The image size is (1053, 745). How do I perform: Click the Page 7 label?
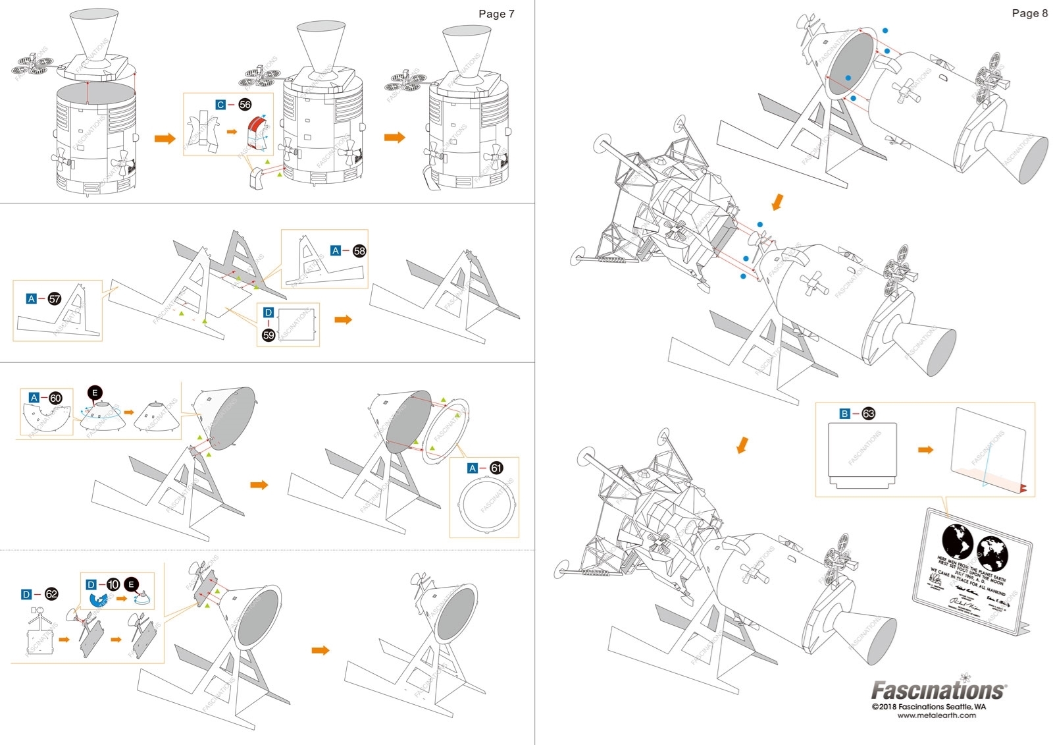(496, 14)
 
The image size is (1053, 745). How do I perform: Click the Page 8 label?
(1029, 13)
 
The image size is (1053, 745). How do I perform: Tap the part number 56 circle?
(245, 105)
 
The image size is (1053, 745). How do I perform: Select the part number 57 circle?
(55, 299)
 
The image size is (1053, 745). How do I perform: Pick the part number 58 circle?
(359, 251)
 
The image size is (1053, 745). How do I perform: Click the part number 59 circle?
(269, 335)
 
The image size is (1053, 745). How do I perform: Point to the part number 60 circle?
(56, 398)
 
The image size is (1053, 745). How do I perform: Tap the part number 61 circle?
(496, 468)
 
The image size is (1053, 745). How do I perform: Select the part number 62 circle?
(51, 594)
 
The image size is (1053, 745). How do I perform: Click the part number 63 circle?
(869, 414)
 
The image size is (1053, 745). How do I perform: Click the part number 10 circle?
(113, 584)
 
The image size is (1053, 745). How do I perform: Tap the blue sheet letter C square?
(221, 105)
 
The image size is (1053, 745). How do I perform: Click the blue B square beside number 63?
(844, 414)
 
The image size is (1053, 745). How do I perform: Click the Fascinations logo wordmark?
(938, 690)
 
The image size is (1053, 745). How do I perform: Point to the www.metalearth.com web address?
(937, 715)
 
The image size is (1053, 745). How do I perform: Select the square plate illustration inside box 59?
(296, 323)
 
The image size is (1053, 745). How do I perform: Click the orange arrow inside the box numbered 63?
(925, 450)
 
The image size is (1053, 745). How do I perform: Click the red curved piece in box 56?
(255, 132)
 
